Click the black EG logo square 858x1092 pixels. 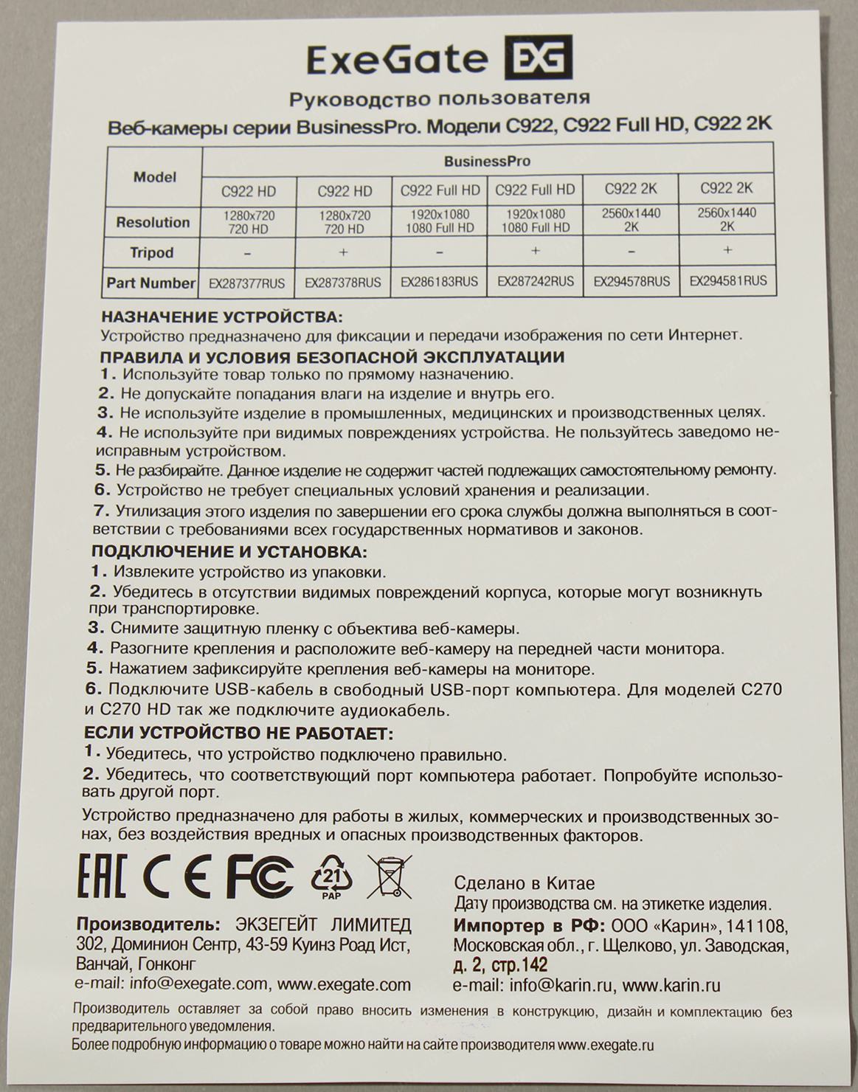point(538,58)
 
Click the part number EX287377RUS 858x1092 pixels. point(247,283)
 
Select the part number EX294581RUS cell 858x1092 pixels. point(727,280)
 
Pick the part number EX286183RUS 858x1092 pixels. point(439,282)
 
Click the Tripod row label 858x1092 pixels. point(152,252)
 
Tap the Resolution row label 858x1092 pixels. point(153,222)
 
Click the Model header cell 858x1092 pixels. point(155,177)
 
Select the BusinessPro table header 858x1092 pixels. point(487,161)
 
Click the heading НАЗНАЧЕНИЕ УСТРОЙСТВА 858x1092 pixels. point(221,317)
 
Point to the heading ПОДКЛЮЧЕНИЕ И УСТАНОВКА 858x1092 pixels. point(229,551)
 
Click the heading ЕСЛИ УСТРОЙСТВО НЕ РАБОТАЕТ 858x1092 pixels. point(238,733)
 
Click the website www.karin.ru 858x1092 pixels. point(671,985)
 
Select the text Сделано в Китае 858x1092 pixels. point(525,883)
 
